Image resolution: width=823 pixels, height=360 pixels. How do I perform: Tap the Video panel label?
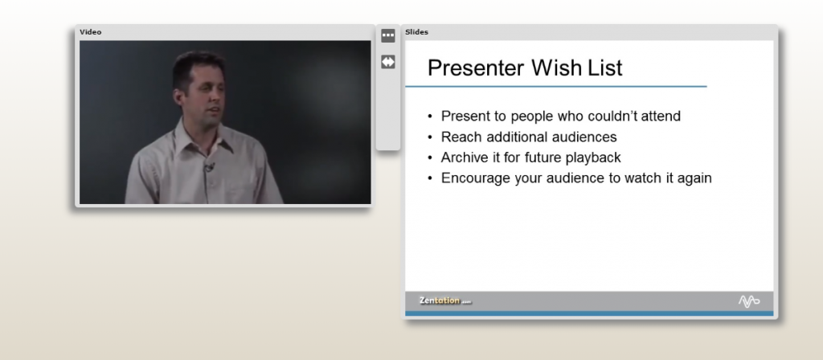click(x=90, y=32)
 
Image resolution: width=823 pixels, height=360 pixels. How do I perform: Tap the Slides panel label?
click(x=416, y=32)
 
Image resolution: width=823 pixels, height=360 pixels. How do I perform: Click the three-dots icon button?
click(x=388, y=35)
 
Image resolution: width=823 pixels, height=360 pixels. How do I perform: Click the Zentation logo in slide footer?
click(x=444, y=301)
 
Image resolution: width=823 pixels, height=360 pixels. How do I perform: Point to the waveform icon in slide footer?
click(x=748, y=301)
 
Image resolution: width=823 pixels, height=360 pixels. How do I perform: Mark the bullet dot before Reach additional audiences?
click(x=431, y=137)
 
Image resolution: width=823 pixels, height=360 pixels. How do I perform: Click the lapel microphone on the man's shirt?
click(x=209, y=167)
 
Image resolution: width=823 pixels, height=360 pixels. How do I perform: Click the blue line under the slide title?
click(x=555, y=86)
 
